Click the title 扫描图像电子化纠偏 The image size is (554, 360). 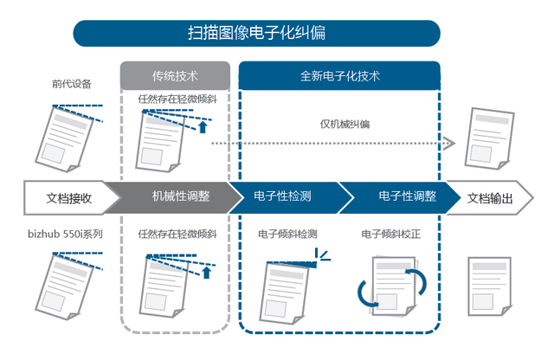click(x=256, y=33)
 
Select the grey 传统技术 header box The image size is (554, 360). click(x=175, y=75)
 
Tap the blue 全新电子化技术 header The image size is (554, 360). click(x=339, y=75)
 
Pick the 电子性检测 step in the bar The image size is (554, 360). click(x=283, y=197)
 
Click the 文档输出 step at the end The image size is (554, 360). click(x=489, y=197)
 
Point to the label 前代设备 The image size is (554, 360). click(x=71, y=84)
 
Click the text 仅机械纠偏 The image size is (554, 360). click(x=345, y=124)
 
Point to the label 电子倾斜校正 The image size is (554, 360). click(x=390, y=235)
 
